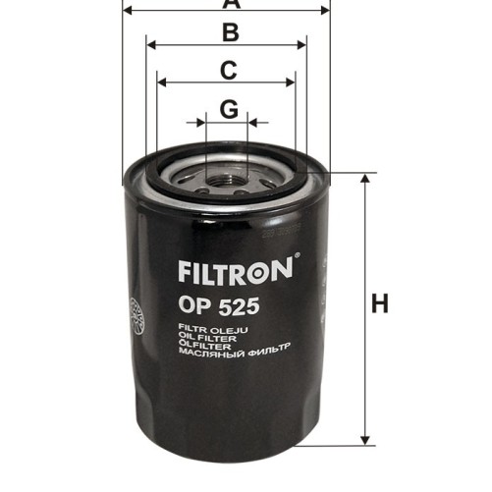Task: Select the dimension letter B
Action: pyautogui.click(x=230, y=32)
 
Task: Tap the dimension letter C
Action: pyautogui.click(x=228, y=71)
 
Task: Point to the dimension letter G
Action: pyautogui.click(x=228, y=109)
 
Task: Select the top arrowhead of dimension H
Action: pyautogui.click(x=366, y=181)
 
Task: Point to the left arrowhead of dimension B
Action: pyautogui.click(x=150, y=44)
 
